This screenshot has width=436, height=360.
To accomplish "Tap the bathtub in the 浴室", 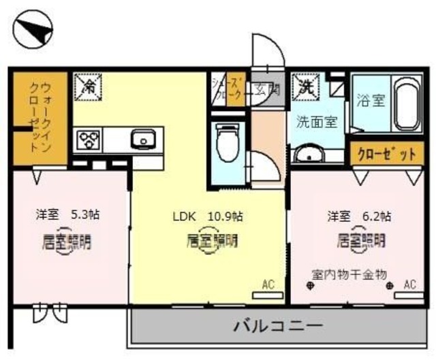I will [406, 105].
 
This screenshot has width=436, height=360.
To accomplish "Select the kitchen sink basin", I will [144, 141].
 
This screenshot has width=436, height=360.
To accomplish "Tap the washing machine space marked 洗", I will [304, 87].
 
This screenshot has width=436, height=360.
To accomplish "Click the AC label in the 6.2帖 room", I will [409, 284].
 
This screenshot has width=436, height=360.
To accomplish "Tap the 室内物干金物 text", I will [349, 274].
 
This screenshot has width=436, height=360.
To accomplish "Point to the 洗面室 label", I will [317, 122].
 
